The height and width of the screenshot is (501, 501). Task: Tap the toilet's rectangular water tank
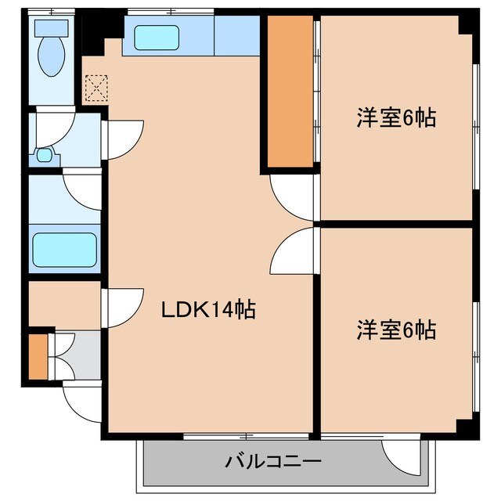(x=52, y=28)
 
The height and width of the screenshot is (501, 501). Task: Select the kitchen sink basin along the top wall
(x=157, y=36)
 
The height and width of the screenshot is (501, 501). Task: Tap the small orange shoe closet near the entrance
(x=37, y=356)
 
